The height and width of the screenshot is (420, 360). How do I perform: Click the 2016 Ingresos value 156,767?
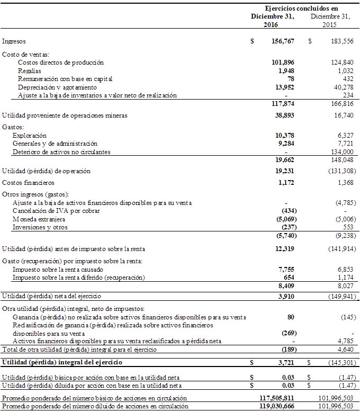tap(282, 41)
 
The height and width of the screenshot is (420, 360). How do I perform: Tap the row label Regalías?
tap(29, 70)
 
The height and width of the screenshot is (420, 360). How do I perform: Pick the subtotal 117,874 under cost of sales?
tap(282, 103)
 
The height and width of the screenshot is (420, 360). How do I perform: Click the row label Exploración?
tap(32, 136)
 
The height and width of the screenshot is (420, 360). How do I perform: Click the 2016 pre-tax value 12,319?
tap(285, 248)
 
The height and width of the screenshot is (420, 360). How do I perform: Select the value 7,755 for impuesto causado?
tap(287, 269)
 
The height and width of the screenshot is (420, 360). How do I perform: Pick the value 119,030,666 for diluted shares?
tap(274, 406)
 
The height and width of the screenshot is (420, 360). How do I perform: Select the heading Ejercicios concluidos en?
tap(301, 8)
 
